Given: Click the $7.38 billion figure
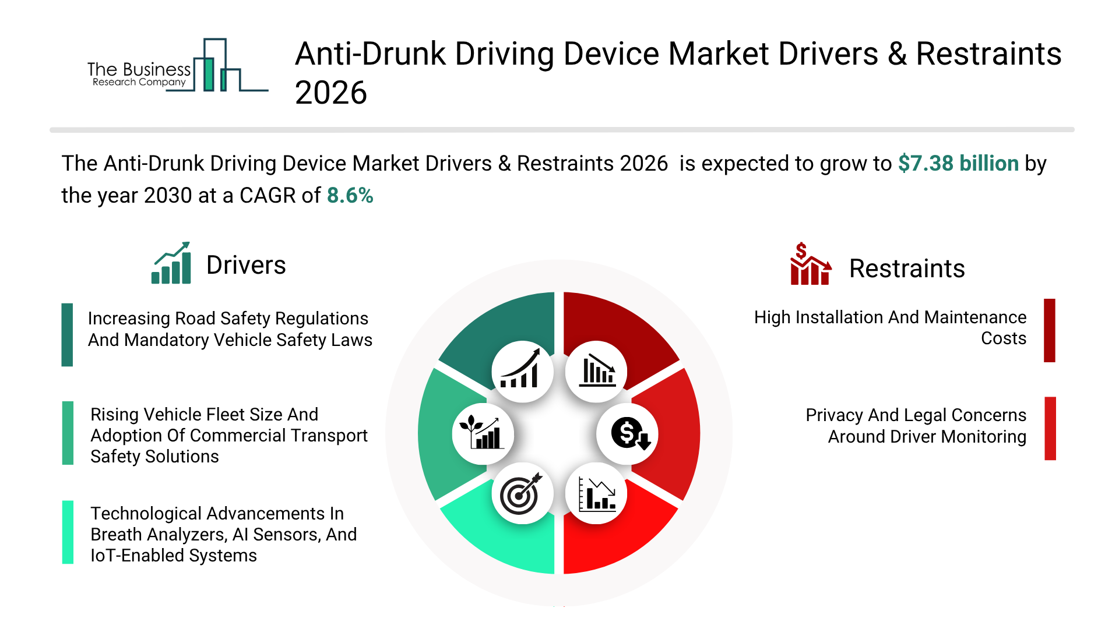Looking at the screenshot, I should point(958,164).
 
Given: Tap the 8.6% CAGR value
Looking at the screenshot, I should point(350,196).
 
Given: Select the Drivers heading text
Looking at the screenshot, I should point(246,266).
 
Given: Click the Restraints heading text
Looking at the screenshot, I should point(906,268).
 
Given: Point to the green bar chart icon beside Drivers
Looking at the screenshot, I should point(171,263).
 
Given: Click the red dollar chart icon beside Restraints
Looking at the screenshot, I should point(810,264).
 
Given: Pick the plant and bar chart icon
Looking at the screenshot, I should point(482,434).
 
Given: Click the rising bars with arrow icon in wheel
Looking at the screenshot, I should point(522,372).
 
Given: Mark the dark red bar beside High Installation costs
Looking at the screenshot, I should point(1049,330).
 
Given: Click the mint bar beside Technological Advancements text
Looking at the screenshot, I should point(68,532).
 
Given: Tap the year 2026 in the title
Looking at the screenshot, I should point(331,93).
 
